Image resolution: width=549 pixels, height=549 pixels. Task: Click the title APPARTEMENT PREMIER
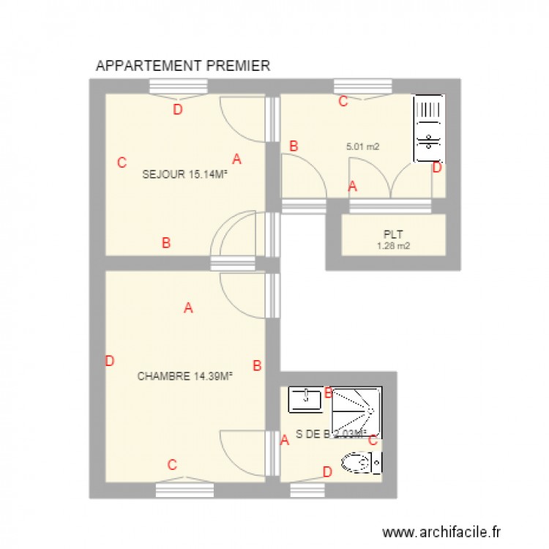click(x=182, y=66)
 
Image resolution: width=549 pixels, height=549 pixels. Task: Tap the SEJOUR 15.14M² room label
click(x=182, y=174)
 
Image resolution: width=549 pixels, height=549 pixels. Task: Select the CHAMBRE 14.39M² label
click(x=184, y=377)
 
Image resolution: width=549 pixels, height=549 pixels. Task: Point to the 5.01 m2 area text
click(x=362, y=146)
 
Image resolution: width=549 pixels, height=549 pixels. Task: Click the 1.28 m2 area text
click(x=393, y=246)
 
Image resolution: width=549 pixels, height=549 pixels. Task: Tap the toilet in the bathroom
click(x=359, y=463)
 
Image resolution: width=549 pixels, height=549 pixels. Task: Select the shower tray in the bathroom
click(x=356, y=411)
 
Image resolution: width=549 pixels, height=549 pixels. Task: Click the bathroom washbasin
click(x=305, y=400)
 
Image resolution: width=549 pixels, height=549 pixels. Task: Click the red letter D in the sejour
click(x=177, y=111)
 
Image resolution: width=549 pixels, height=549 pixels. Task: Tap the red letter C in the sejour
click(x=122, y=163)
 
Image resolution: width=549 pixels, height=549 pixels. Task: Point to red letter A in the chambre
click(x=188, y=308)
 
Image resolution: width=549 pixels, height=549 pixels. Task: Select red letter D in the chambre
click(x=110, y=361)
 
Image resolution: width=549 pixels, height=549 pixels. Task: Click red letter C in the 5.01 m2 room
click(x=343, y=102)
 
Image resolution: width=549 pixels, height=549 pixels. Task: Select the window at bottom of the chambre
click(x=180, y=490)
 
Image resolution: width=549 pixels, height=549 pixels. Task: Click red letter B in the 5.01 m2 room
click(x=294, y=146)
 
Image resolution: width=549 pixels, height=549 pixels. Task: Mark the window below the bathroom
click(x=308, y=490)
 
